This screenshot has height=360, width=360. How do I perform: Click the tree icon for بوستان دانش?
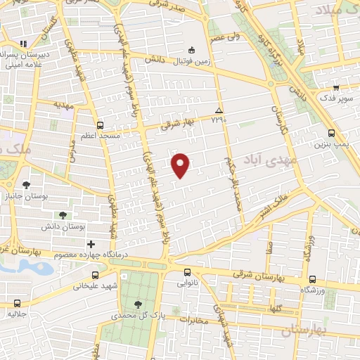(x=63, y=215)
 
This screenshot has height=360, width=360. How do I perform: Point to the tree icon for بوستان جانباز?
(x=27, y=185)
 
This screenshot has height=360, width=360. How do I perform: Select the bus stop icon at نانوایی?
(x=187, y=272)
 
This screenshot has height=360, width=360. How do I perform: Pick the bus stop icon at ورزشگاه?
(x=312, y=278)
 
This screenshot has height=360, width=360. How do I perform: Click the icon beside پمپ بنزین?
(x=331, y=133)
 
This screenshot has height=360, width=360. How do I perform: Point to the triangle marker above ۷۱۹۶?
(x=219, y=111)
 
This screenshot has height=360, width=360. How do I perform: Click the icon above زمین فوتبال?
(x=191, y=50)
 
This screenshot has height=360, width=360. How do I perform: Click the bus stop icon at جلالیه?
(x=17, y=304)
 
